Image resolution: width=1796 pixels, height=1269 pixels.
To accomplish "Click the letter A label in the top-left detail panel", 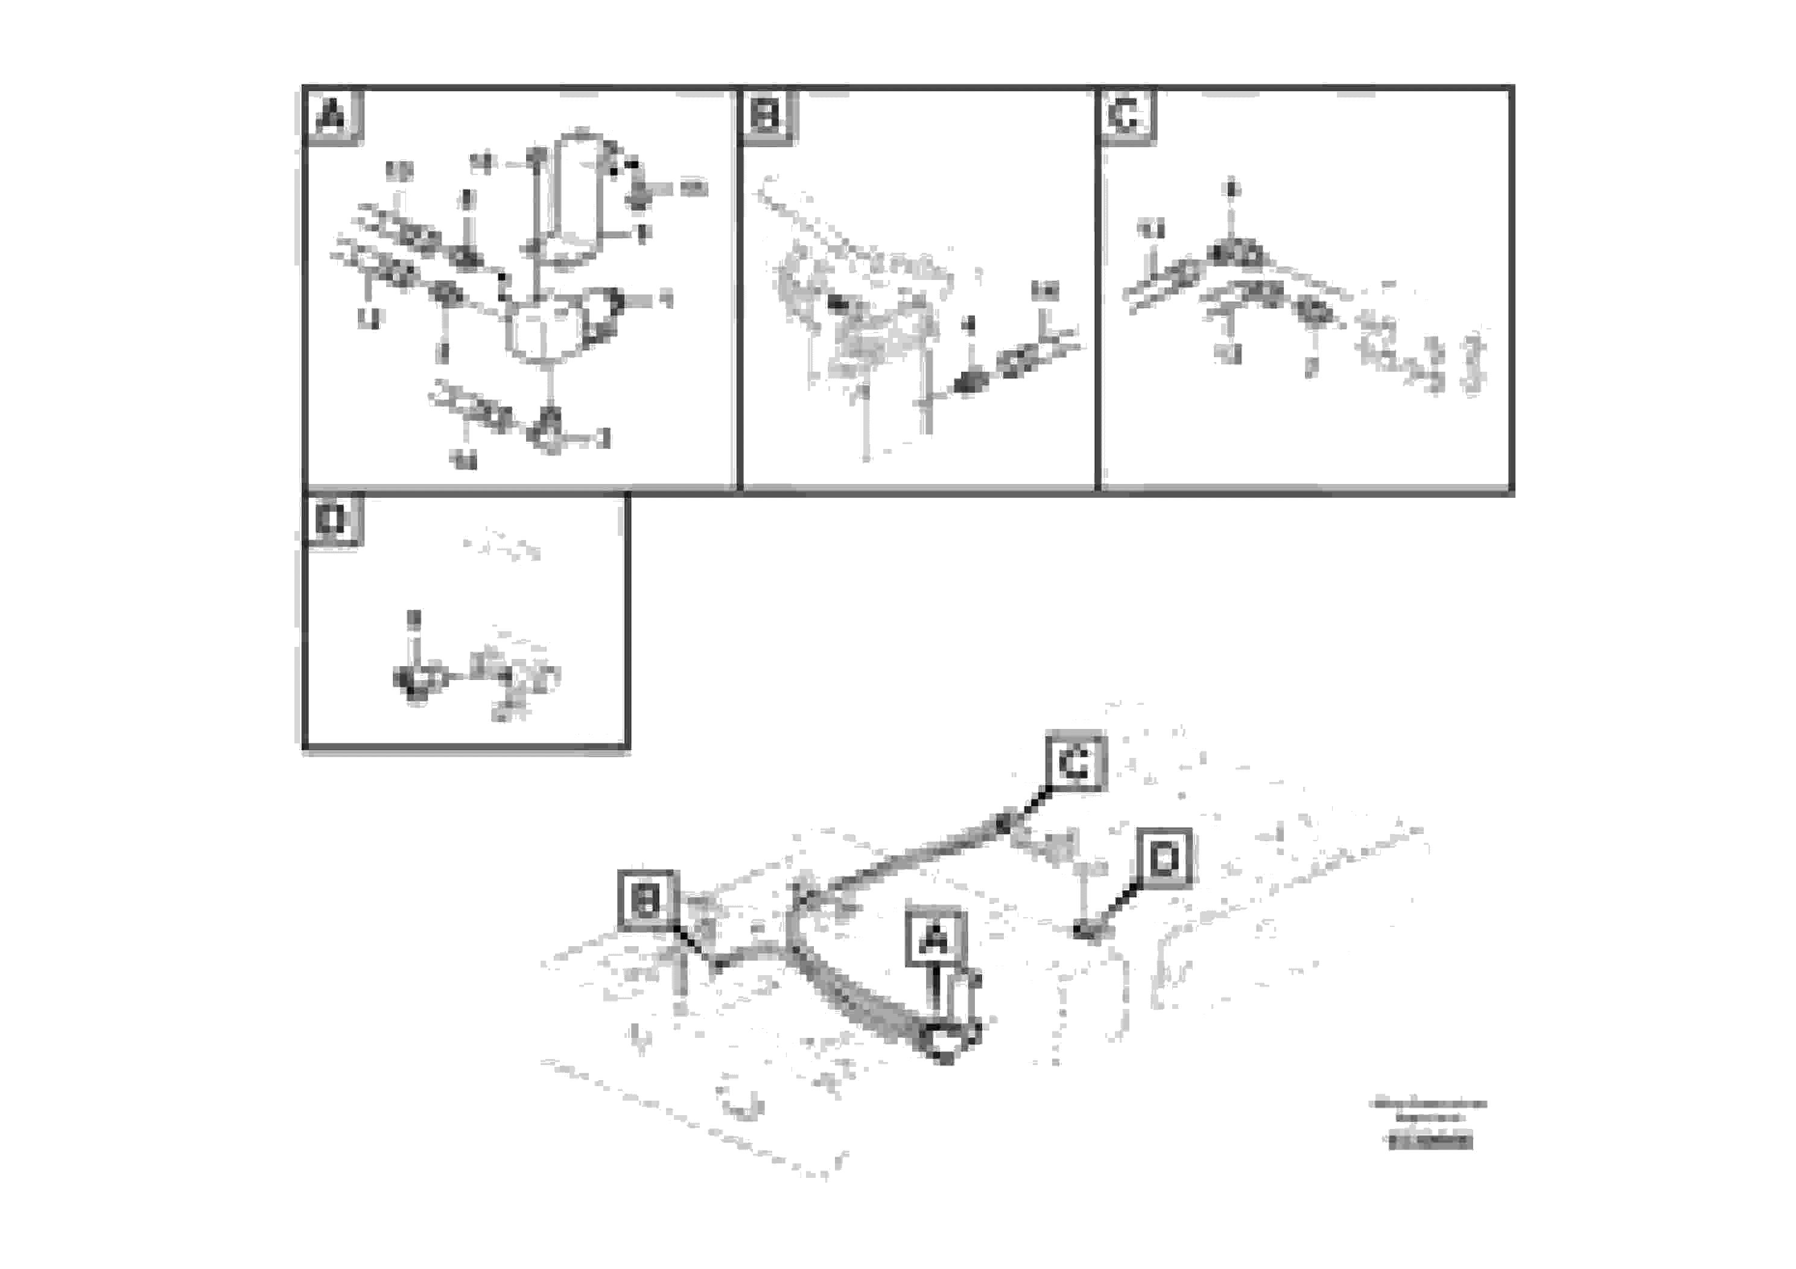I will [x=332, y=117].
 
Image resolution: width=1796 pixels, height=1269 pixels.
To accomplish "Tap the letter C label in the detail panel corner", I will [x=1125, y=117].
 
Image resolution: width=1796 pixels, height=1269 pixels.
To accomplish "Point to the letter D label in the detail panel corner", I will [x=332, y=519].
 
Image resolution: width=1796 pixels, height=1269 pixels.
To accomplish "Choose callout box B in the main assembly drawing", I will [x=647, y=900].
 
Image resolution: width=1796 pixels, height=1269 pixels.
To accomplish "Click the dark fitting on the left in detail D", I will [x=414, y=679].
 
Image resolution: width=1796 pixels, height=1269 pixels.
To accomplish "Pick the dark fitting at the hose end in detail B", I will [x=968, y=383].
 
